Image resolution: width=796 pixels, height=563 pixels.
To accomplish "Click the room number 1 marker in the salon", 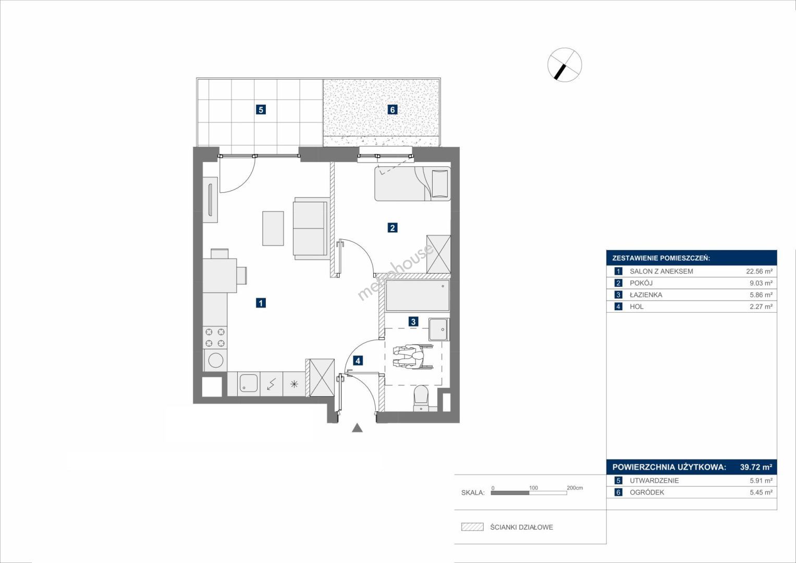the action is pos(261,303).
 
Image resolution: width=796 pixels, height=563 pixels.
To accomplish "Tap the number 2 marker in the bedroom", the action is pos(393,227).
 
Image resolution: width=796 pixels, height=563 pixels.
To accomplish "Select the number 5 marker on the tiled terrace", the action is pos(261,109).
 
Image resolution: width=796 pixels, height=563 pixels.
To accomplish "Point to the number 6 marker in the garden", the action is pos(393,109).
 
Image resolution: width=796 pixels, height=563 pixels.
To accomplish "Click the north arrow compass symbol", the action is pos(565,65).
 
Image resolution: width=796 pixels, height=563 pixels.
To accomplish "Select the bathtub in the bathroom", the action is pos(418,296).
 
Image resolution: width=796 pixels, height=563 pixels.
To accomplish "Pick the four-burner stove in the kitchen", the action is pos(215,337).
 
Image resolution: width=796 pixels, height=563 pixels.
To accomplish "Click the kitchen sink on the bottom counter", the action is pos(248,384).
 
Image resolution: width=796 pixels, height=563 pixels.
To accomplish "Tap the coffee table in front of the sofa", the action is pos(273,228).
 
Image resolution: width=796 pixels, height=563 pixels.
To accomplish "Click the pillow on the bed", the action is pos(440,183).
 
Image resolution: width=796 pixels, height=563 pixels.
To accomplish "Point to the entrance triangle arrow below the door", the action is pos(357,428).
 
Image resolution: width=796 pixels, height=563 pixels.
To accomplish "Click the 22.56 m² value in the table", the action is pos(760,271).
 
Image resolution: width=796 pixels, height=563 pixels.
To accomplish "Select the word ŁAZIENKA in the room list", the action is pos(646,295).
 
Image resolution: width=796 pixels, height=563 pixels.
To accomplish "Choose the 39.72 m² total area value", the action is pos(756,467).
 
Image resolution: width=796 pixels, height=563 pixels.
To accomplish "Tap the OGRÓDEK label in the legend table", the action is pos(647,492).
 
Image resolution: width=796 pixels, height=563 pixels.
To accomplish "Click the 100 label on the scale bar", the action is pos(533,487).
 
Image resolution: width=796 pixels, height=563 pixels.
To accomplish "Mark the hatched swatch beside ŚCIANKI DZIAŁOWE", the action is pos(472,527).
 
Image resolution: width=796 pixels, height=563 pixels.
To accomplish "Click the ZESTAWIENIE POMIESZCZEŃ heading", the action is pos(661,258).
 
